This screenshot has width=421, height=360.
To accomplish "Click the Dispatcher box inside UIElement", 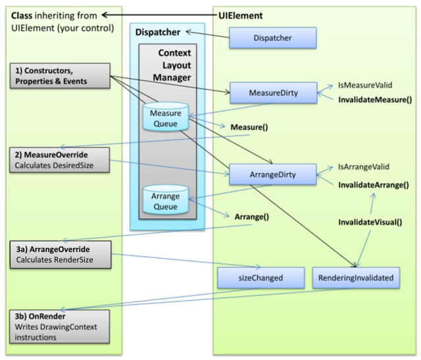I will pyautogui.click(x=272, y=38).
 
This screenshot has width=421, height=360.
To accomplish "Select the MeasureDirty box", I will pyautogui.click(x=272, y=93).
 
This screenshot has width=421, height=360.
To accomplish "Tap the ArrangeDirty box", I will pyautogui.click(x=272, y=175).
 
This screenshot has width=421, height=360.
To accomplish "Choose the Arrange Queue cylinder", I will pyautogui.click(x=166, y=201).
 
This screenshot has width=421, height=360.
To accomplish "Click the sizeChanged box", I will pyautogui.click(x=260, y=278).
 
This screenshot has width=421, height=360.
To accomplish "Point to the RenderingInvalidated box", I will pyautogui.click(x=355, y=278).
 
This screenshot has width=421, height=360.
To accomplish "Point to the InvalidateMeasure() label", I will pyautogui.click(x=374, y=100).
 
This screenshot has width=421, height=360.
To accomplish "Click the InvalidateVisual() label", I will pyautogui.click(x=370, y=222).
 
